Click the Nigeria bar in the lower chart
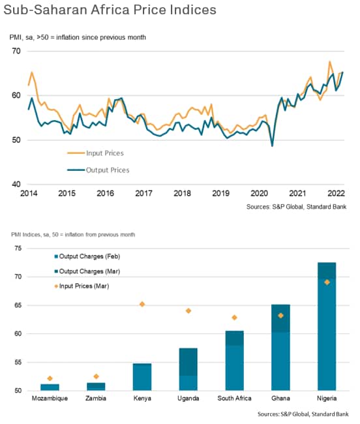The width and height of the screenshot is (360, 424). tap(327, 326)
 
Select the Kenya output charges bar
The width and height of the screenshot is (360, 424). tap(142, 377)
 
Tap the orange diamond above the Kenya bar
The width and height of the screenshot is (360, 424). tap(142, 304)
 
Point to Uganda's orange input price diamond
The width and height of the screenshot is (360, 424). tap(188, 310)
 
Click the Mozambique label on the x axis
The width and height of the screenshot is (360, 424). tap(50, 399)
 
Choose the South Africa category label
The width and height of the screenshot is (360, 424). tap(234, 399)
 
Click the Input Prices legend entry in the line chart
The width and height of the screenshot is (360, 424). tap(95, 153)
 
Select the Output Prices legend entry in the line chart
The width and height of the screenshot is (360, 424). tap(98, 170)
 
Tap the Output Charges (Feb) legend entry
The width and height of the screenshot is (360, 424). tap(87, 256)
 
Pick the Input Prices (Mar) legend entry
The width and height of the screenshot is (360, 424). tap(82, 286)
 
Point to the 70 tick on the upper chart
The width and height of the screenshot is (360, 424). tap(16, 51)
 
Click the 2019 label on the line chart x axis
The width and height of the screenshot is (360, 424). tap(220, 193)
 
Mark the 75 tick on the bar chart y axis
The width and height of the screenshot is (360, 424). tap(18, 249)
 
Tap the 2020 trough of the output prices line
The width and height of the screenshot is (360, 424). tap(272, 146)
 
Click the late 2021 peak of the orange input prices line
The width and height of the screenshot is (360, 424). tap(330, 62)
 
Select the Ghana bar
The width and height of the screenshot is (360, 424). tap(280, 348)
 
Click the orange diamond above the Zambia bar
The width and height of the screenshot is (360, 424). tap(96, 376)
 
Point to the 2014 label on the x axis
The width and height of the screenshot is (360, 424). tap(29, 193)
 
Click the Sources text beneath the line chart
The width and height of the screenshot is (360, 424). tap(296, 207)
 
